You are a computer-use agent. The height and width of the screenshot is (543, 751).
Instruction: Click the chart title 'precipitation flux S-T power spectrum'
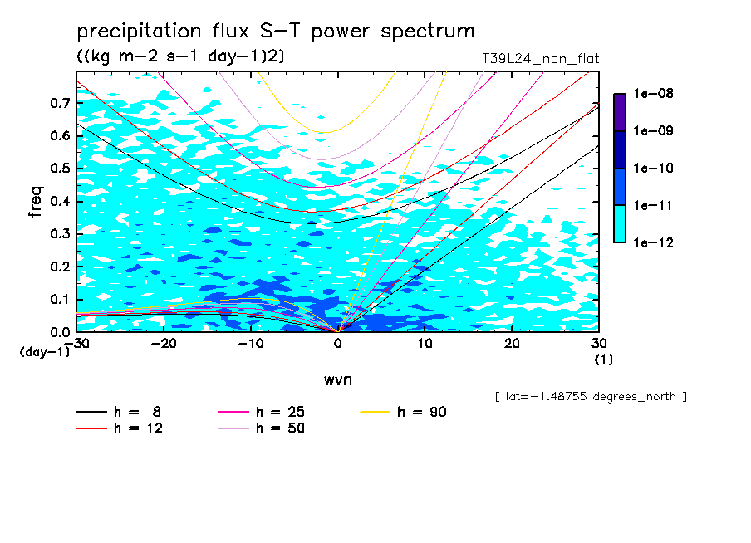click(275, 32)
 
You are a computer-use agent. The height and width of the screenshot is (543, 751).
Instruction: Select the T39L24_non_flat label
click(540, 59)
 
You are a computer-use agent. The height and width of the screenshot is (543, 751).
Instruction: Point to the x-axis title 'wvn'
click(337, 379)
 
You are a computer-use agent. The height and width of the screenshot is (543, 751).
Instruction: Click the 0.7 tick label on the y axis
click(59, 103)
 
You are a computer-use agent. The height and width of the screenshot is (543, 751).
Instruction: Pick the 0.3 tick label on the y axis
click(59, 234)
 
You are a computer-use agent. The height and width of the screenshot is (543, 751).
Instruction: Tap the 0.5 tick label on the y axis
click(59, 169)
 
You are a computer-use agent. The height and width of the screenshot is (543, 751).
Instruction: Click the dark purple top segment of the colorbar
click(620, 112)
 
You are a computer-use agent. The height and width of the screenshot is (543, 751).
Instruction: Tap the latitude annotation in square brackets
click(591, 397)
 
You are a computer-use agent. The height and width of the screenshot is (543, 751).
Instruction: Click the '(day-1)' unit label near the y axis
click(45, 352)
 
